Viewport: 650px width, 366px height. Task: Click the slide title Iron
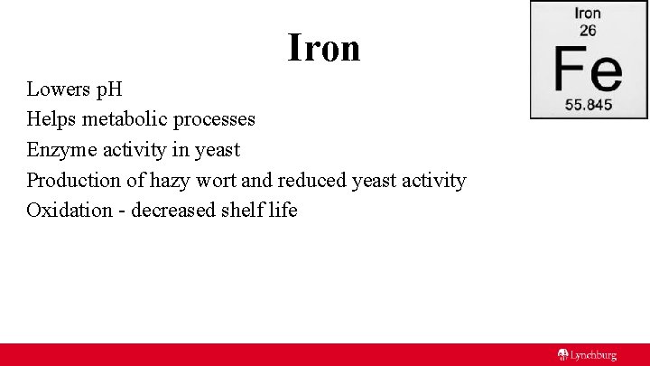click(324, 47)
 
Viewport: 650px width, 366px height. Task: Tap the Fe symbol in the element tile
click(588, 68)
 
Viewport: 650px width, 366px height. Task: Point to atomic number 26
click(588, 30)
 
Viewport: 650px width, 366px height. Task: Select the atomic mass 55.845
click(588, 104)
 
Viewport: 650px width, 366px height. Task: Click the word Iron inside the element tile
click(588, 13)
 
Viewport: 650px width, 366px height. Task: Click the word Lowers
click(58, 89)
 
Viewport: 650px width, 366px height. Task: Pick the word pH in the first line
click(109, 89)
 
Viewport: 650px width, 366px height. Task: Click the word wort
click(218, 180)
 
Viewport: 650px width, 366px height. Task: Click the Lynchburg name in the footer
click(593, 355)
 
